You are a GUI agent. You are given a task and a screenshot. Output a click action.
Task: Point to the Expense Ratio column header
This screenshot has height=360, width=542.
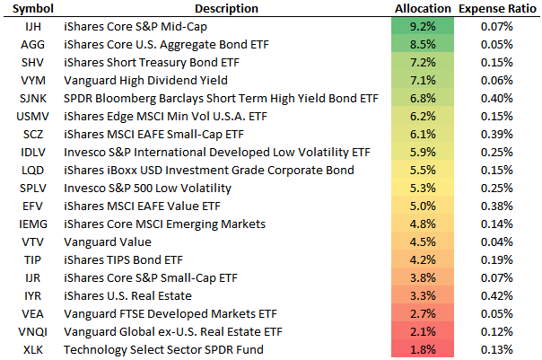click(x=497, y=8)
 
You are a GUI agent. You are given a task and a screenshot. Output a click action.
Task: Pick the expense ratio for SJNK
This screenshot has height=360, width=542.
click(x=498, y=99)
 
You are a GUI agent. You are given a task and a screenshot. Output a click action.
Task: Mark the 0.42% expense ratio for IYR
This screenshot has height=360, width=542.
click(x=498, y=295)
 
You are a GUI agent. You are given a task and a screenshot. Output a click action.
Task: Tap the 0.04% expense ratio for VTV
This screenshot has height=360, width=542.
click(x=498, y=241)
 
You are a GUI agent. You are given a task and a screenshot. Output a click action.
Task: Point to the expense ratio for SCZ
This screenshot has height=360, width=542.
click(x=498, y=134)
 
